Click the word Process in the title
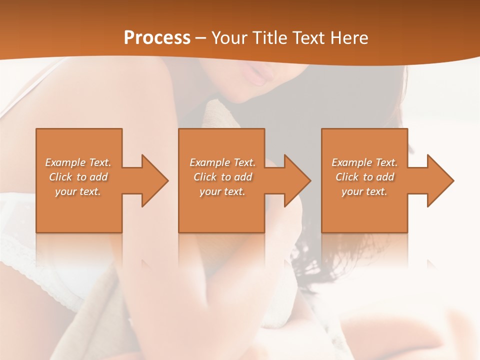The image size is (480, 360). pos(157,38)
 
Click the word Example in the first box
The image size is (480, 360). pos(65,162)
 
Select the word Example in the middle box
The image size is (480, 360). pos(209,162)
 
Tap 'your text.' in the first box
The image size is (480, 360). pos(78,191)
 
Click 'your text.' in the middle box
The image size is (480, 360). pos(222,191)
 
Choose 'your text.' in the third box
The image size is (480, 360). pos(364,191)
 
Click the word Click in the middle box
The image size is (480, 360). pos(204,177)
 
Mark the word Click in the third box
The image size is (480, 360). pos(346,177)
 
